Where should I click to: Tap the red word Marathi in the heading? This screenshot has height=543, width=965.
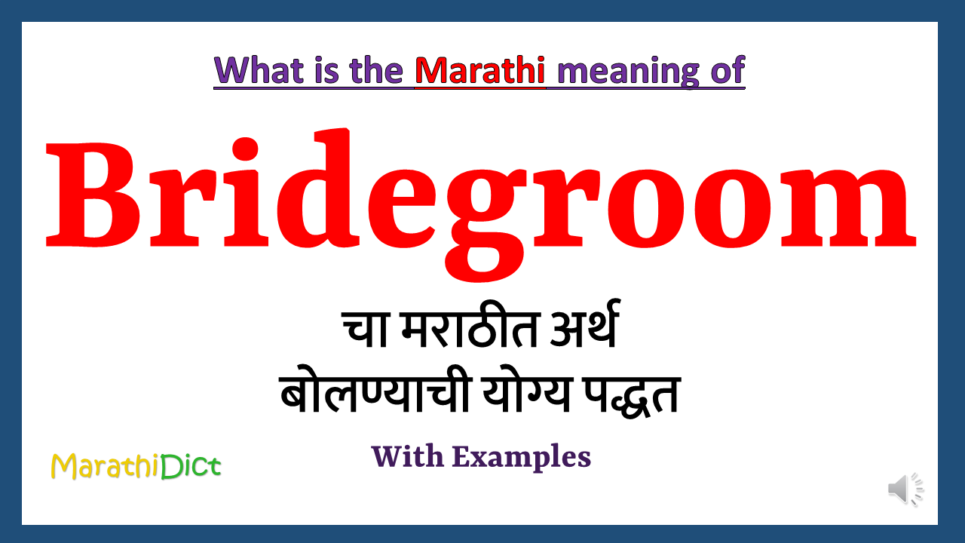tap(479, 71)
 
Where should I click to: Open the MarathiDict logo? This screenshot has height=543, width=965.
tap(136, 466)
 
